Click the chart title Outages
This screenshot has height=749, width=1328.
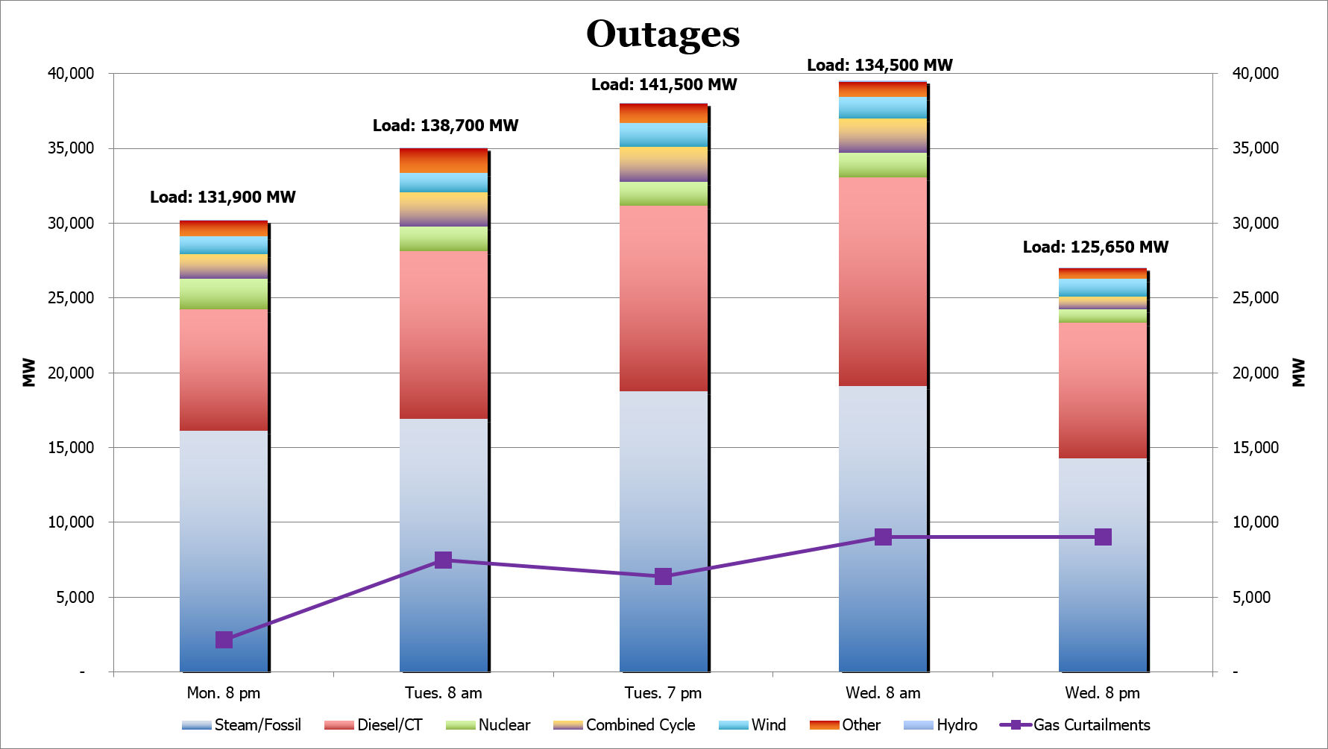(663, 34)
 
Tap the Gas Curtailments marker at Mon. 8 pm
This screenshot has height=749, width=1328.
(224, 639)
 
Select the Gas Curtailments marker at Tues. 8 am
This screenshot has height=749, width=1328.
(443, 560)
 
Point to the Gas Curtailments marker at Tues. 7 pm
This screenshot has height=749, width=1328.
(663, 576)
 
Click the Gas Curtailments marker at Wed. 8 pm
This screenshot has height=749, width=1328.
(1103, 537)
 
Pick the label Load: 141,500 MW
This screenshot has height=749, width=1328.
(664, 85)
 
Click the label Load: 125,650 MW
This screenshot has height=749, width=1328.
(1095, 247)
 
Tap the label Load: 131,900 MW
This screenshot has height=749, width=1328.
(223, 197)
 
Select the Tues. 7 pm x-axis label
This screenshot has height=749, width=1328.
(663, 693)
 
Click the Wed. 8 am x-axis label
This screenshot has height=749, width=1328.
(883, 693)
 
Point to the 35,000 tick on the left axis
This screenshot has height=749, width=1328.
(71, 148)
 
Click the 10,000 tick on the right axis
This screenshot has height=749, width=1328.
(1255, 522)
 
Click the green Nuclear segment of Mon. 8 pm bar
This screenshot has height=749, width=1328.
(224, 294)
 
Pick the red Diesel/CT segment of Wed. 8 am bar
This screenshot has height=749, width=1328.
(883, 281)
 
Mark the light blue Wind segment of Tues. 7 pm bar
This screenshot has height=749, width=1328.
(663, 135)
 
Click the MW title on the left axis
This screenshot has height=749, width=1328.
(29, 373)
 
